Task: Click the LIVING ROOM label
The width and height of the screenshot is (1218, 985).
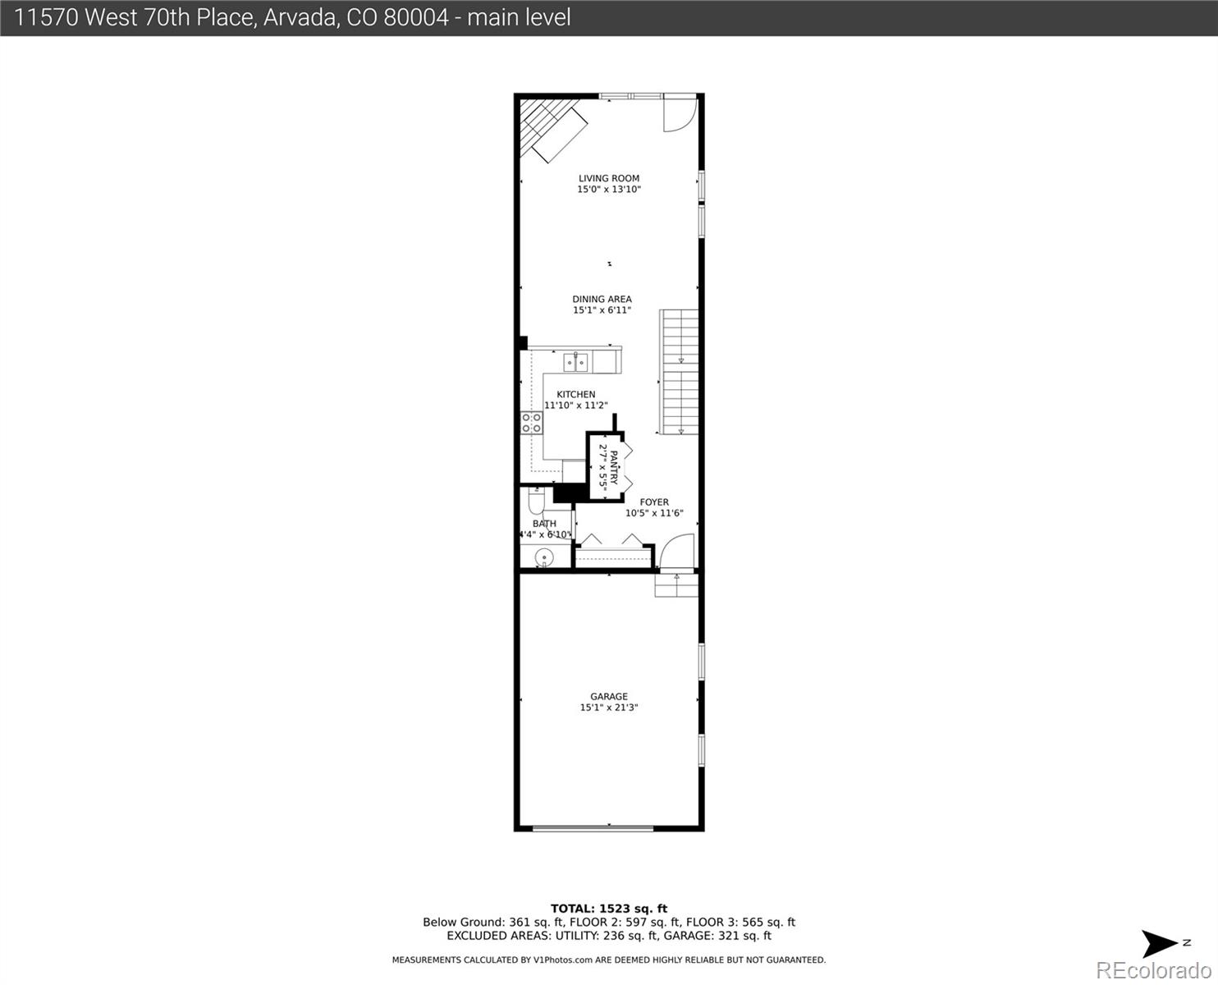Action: [x=608, y=178]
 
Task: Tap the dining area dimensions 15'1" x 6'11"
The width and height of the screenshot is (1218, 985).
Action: [x=602, y=310]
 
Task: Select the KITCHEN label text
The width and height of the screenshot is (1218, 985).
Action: [x=575, y=394]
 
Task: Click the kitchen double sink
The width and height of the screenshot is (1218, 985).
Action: [x=575, y=361]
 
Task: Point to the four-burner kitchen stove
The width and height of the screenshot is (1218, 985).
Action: [x=531, y=423]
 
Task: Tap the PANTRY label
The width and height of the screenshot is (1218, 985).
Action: [x=613, y=467]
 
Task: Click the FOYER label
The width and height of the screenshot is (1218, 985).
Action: [x=654, y=502]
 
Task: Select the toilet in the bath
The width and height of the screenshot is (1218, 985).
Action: [x=535, y=501]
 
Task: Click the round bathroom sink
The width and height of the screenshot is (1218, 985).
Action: [x=543, y=559]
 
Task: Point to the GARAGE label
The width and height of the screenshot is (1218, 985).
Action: [x=608, y=696]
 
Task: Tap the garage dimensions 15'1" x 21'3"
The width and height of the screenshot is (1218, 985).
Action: [x=608, y=708]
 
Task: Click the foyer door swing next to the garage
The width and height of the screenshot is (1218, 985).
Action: [x=676, y=552]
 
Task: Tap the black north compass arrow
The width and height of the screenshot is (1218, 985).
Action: [x=1161, y=943]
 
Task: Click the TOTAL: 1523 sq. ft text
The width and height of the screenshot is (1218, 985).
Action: [x=608, y=908]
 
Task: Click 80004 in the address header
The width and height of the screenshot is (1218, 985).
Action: [x=416, y=17]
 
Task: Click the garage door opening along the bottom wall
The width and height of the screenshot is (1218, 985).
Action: [x=593, y=827]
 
